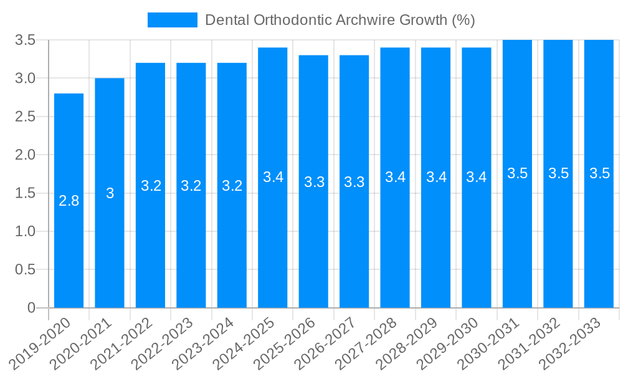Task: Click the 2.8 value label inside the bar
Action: click(69, 201)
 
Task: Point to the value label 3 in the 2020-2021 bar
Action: click(110, 193)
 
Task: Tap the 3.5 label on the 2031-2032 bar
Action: click(558, 174)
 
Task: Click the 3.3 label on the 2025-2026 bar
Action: click(314, 182)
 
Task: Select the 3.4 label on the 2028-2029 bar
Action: click(436, 177)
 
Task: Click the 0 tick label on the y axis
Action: click(32, 308)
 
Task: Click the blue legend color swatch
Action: click(172, 20)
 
